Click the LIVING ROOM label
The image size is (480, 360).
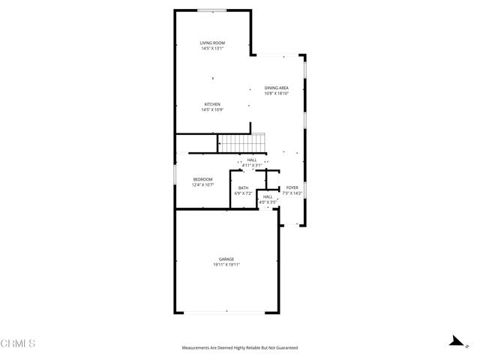212,43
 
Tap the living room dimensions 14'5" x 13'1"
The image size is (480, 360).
212,49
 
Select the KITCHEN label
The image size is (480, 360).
212,104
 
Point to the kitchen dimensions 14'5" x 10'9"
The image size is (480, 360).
212,110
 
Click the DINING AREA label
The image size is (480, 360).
277,88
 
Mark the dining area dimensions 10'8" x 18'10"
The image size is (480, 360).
277,94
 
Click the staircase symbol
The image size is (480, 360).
241,142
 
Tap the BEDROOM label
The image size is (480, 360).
203,178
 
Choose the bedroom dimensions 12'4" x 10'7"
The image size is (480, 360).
203,184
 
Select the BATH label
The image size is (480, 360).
244,187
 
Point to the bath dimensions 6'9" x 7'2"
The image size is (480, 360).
244,193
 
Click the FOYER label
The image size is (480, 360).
291,187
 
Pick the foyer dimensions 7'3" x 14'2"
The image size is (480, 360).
291,193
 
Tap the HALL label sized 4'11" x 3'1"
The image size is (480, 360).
251,160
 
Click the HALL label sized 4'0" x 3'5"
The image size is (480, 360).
268,196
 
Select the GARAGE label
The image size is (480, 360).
226,259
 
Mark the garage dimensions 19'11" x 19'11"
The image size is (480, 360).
226,265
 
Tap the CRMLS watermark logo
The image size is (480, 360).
18,344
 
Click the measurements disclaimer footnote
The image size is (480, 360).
240,348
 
